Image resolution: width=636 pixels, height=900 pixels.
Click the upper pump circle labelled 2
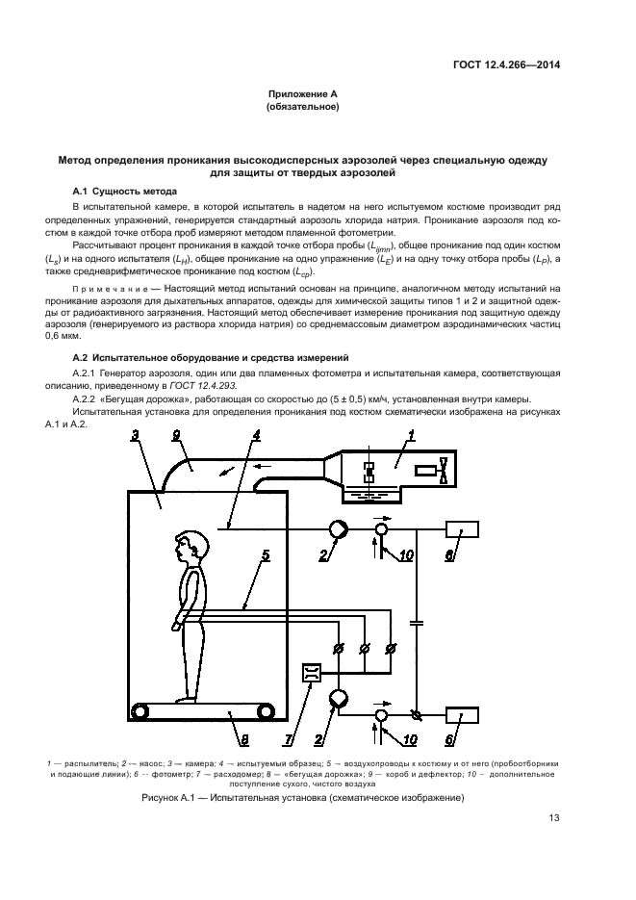pyautogui.click(x=339, y=528)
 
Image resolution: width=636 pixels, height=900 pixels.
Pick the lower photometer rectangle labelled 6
pyautogui.click(x=462, y=716)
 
